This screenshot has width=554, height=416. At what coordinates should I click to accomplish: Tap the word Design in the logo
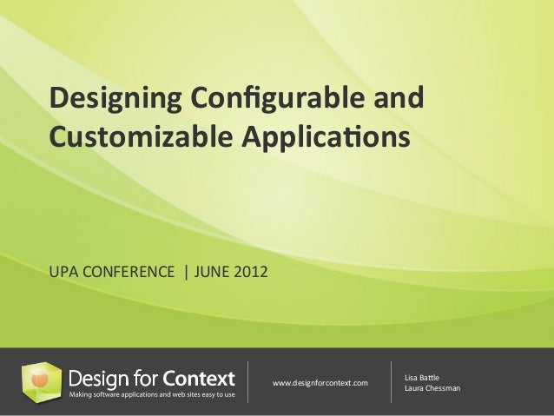tap(100, 379)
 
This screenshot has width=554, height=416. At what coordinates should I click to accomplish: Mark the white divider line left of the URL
tap(249, 382)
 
